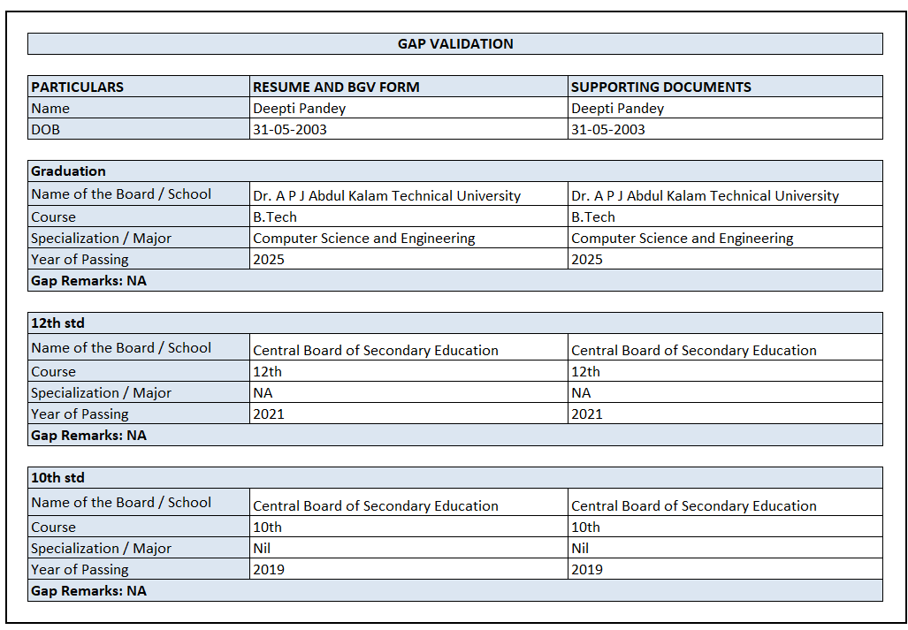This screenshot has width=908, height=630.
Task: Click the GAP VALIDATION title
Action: tap(454, 43)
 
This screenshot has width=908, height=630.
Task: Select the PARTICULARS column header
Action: tap(78, 87)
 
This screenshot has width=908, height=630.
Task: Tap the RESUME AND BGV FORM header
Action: tap(336, 87)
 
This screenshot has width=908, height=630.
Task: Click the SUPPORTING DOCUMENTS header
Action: tap(661, 87)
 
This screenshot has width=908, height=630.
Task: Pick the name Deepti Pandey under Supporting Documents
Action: tap(617, 108)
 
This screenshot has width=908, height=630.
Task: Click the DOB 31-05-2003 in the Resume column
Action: tap(290, 129)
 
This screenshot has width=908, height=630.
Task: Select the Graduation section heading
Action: tap(68, 171)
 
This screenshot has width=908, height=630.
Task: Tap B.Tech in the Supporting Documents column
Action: tap(593, 216)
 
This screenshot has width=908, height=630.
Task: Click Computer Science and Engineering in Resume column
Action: tap(364, 238)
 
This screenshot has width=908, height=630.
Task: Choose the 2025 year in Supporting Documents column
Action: tap(587, 259)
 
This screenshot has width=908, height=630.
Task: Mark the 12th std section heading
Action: tap(57, 323)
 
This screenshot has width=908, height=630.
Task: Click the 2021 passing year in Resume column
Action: tap(269, 414)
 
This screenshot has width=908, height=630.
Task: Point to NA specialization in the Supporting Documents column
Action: tap(581, 392)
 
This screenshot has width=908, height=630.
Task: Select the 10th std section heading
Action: tap(57, 477)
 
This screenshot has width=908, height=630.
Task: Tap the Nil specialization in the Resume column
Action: tap(262, 548)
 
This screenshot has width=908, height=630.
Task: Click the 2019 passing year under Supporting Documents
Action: tap(587, 569)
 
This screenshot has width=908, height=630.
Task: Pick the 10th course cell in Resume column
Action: tap(267, 527)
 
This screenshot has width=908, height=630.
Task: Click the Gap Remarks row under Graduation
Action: tap(88, 280)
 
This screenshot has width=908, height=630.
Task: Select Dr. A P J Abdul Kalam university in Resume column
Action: tap(386, 195)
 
